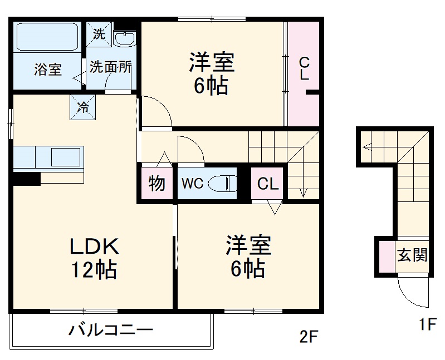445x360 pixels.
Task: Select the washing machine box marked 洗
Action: tap(99, 34)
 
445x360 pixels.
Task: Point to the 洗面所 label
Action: tap(111, 67)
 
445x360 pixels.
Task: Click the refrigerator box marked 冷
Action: tap(82, 107)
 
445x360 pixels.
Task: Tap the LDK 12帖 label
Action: tap(93, 257)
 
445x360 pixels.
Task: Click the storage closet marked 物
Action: tap(157, 183)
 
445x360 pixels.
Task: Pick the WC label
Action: tap(191, 183)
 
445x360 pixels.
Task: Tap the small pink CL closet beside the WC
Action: tap(268, 184)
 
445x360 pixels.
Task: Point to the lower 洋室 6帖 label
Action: tap(248, 257)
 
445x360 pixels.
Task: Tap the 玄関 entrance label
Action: tap(412, 255)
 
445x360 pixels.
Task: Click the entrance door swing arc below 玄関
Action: tap(411, 294)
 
